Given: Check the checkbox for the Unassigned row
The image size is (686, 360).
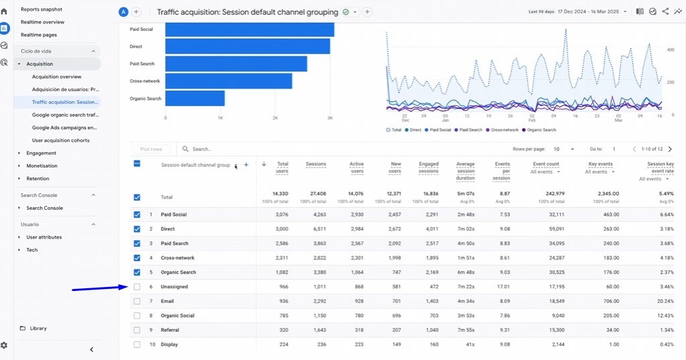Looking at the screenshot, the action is pos(137,287).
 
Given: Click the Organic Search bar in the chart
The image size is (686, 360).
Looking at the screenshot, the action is pos(194,99).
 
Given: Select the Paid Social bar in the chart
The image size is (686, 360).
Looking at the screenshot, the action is pos(249,29).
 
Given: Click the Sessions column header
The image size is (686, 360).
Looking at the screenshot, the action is pos(316,164).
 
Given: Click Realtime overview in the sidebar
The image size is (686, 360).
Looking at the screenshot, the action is pos(42,22).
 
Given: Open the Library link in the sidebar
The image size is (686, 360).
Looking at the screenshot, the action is pos(38,328).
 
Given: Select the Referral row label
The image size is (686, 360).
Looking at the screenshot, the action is pos(170,330).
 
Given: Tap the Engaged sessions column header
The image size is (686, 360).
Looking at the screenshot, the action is pos(428,168).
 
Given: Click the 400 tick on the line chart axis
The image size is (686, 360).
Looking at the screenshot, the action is pos(671,50).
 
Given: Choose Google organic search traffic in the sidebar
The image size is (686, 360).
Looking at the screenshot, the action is pos(65,115).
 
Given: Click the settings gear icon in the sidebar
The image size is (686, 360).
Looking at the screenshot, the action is pos(4,345).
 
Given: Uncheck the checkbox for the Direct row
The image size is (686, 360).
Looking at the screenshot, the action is pos(137,229).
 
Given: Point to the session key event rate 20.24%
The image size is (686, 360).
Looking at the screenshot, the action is pos(665,301).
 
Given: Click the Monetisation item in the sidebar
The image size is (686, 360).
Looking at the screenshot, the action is pos(42,166).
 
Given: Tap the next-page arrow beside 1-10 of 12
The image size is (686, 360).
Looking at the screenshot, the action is pos(670,149).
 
